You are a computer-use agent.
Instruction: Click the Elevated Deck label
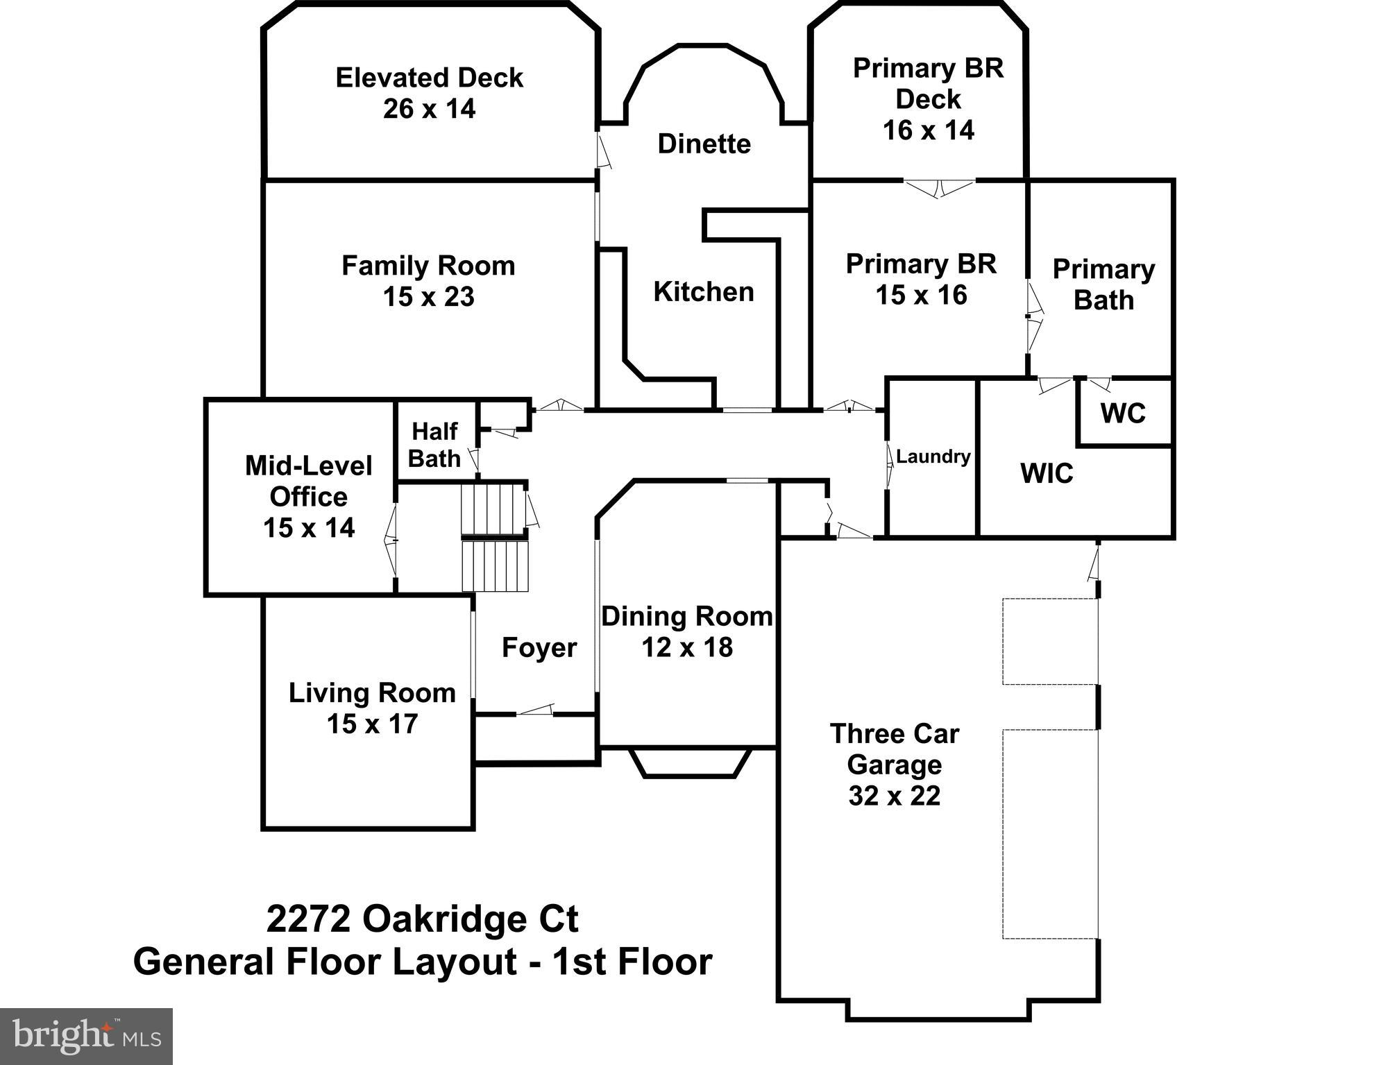[429, 78]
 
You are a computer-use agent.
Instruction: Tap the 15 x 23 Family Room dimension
[429, 297]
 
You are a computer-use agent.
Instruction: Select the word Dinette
[704, 144]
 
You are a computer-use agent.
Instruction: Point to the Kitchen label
[704, 292]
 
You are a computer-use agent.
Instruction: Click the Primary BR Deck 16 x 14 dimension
[928, 130]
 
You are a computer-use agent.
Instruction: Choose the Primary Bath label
[1103, 284]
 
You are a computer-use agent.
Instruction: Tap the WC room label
[1122, 414]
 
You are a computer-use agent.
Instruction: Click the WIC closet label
[1047, 474]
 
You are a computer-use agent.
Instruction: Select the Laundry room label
[933, 457]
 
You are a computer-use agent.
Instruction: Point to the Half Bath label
[434, 445]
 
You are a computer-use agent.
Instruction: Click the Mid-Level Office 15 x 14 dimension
[309, 528]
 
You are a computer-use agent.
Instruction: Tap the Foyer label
[539, 648]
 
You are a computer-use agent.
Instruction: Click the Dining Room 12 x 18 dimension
[686, 647]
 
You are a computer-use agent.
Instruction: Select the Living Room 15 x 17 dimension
[372, 724]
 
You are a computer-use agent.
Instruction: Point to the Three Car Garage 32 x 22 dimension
[894, 795]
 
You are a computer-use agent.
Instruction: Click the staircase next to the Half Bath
[495, 538]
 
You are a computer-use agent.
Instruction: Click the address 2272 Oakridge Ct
[422, 919]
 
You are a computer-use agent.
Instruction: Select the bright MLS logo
[86, 1036]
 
